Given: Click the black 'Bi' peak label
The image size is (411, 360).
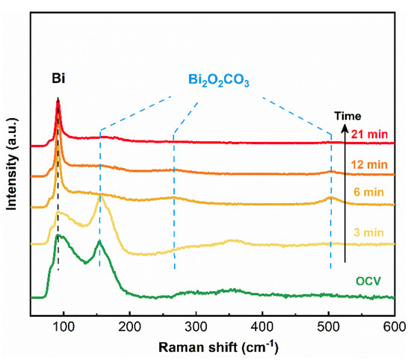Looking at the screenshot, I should click(58, 78).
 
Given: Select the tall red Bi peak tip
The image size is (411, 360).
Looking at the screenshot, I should click(58, 100).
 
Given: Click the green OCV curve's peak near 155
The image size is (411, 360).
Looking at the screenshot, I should click(99, 242).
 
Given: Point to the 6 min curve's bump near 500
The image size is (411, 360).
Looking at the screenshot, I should click(330, 198).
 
